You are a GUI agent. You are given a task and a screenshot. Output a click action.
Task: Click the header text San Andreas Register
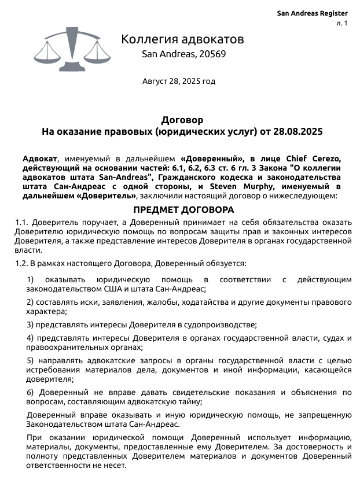click(312, 13)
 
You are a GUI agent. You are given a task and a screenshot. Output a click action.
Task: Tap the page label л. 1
click(341, 23)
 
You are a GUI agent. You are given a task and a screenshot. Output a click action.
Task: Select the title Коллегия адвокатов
click(182, 39)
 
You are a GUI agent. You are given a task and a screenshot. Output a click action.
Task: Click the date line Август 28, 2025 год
click(179, 81)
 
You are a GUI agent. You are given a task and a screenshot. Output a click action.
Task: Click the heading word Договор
click(182, 120)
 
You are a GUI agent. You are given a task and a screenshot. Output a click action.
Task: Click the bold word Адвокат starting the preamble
click(40, 158)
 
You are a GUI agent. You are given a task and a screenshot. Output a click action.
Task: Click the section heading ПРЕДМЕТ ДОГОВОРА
click(183, 209)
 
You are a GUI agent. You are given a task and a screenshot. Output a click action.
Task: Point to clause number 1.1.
click(21, 222)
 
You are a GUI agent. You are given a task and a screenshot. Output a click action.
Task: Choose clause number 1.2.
click(21, 264)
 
